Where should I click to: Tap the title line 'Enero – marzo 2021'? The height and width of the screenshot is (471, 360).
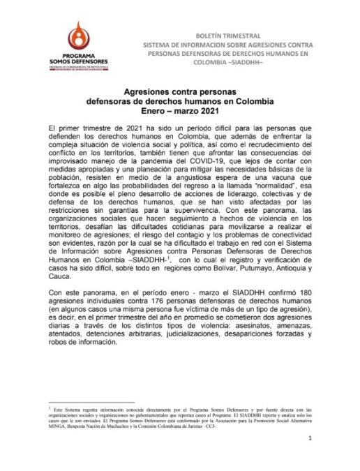[x=180, y=112]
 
